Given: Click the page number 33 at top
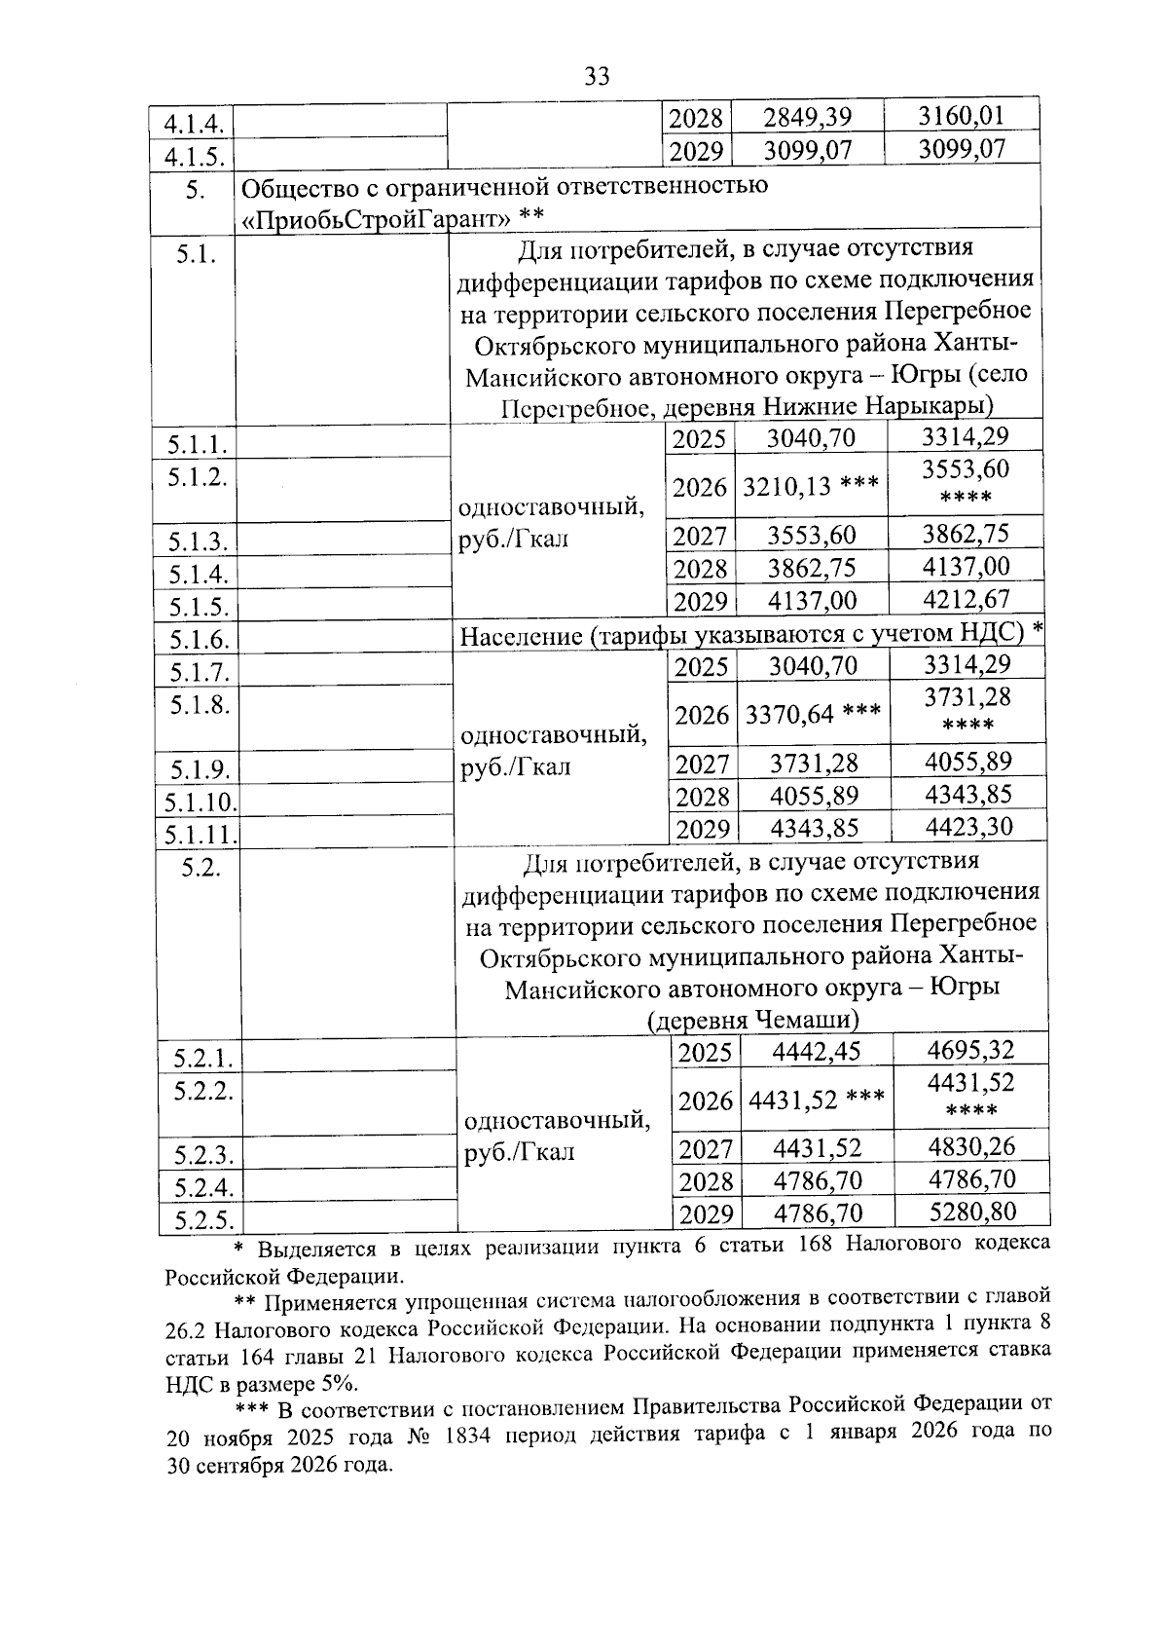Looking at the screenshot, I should (x=597, y=76).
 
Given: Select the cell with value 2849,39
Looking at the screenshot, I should (x=807, y=118).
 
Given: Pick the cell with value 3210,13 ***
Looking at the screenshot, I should (x=812, y=485).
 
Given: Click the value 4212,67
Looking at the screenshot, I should (x=967, y=598).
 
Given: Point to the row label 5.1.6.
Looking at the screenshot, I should (x=199, y=640).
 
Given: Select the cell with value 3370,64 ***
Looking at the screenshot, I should (x=814, y=715).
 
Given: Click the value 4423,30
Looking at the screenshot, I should (x=968, y=827).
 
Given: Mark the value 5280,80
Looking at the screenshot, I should (x=971, y=1211).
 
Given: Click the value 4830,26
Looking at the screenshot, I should (x=971, y=1146).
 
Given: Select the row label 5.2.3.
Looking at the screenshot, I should (x=203, y=1155).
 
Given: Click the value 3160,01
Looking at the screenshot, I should (x=961, y=116).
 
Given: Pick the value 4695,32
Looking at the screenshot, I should (x=970, y=1050).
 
